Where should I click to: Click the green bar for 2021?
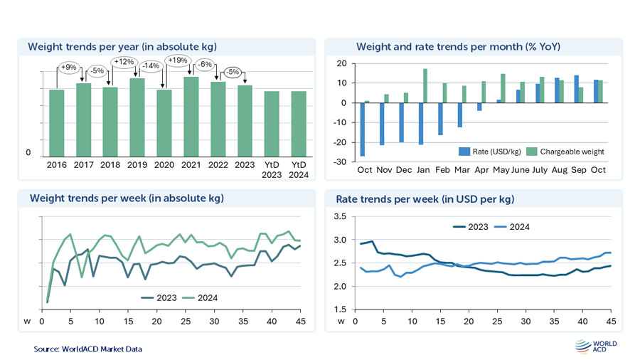[x=191, y=117]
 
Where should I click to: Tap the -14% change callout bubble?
[x=151, y=65]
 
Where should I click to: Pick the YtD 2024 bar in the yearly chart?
[x=299, y=125]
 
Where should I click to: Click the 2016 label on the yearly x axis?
[x=57, y=166]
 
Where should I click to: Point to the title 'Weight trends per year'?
[x=122, y=47]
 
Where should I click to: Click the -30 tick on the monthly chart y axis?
[x=342, y=162]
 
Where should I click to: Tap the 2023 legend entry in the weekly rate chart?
[x=473, y=227]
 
